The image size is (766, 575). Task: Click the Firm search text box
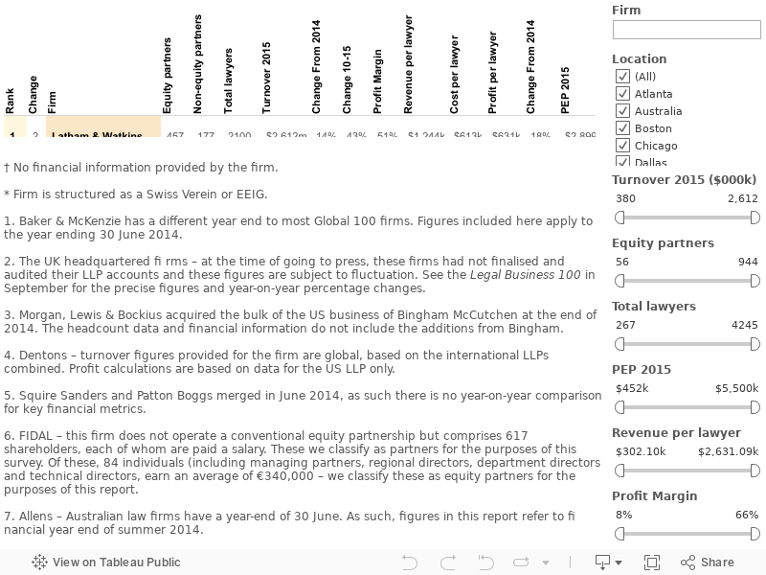pos(686,30)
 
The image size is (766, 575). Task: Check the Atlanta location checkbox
pos(623,94)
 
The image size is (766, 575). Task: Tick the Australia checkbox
pos(623,111)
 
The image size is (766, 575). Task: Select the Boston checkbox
pos(623,128)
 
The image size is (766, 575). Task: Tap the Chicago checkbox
pos(623,146)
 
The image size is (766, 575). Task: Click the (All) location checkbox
pos(623,77)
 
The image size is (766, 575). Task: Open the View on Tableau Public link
pos(106,563)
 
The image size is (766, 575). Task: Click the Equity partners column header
pos(168,76)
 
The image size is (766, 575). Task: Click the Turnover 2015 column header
pos(267,78)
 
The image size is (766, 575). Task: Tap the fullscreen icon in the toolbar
pos(652,563)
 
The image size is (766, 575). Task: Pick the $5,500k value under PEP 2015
pos(736,388)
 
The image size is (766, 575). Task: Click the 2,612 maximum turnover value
pos(742,198)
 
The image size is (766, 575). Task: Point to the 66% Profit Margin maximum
pos(747,515)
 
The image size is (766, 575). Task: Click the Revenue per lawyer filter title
pos(676,433)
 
